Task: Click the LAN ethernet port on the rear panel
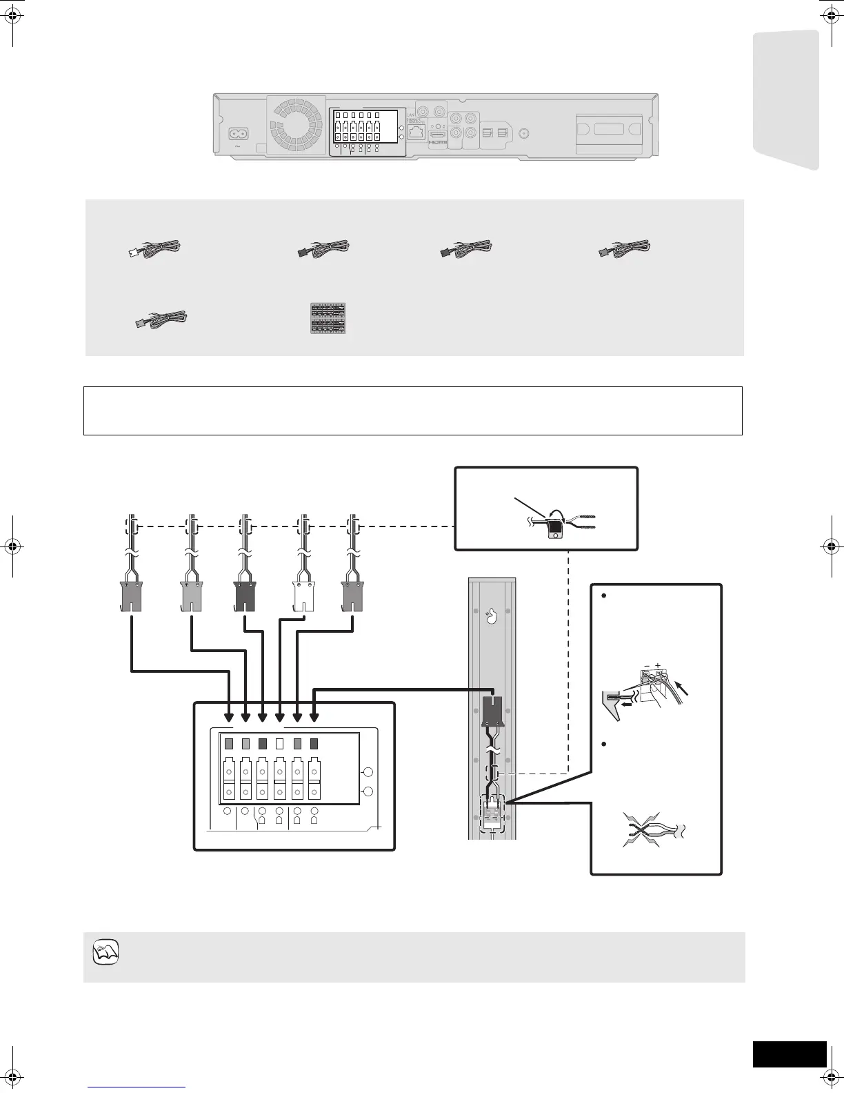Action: tap(416, 132)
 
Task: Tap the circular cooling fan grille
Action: tap(297, 125)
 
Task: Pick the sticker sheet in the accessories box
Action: tap(328, 318)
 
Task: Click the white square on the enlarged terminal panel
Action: tap(280, 745)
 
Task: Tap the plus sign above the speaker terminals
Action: tap(658, 665)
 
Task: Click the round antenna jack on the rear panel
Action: tap(525, 134)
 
